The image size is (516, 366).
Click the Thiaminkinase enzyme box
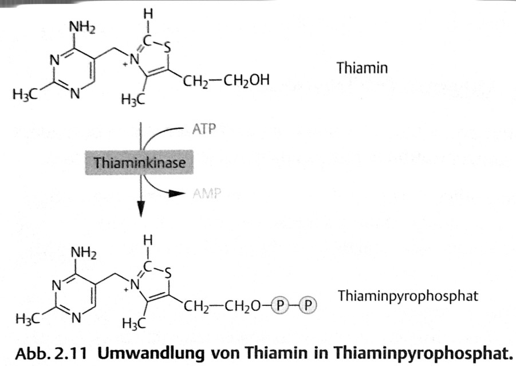[140, 163]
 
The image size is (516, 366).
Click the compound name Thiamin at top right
[362, 68]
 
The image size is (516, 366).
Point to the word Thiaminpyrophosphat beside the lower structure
[408, 297]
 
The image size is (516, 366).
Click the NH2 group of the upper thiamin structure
[82, 26]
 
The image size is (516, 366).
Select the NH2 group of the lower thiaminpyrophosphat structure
[84, 251]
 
